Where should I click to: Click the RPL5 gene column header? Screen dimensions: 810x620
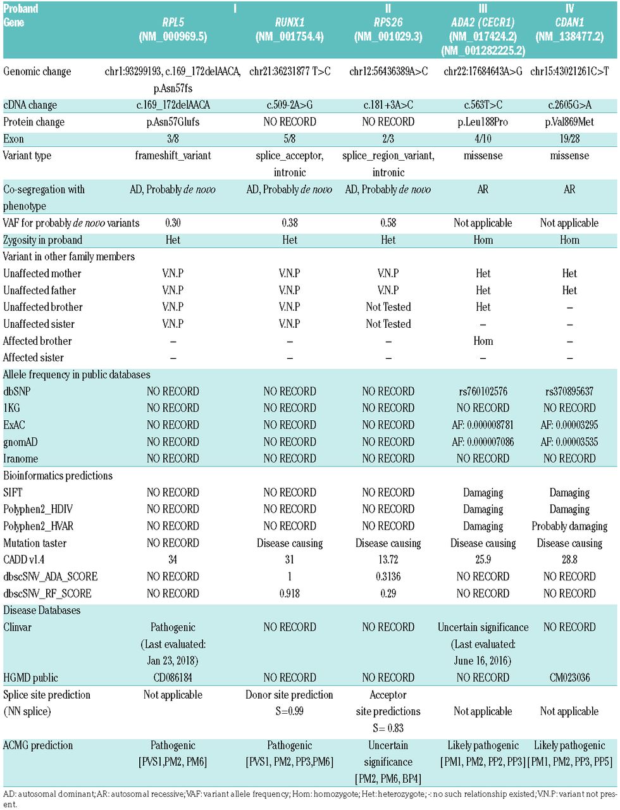[x=173, y=22]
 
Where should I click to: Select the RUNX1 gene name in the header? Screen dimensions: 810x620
[x=290, y=22]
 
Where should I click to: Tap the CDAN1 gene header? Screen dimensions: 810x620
[x=569, y=22]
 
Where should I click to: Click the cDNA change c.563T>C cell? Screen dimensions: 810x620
[x=483, y=105]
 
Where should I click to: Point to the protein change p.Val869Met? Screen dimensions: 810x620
[x=569, y=122]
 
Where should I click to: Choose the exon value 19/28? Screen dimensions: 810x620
[x=569, y=139]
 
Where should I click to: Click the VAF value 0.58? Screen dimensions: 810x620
[x=388, y=223]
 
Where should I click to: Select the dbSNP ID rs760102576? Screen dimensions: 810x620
[x=483, y=392]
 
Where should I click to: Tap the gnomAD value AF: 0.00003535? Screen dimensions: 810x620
[x=569, y=442]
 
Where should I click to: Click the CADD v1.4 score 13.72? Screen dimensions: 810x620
[x=388, y=560]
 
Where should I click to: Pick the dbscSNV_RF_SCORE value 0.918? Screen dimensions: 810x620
[x=290, y=594]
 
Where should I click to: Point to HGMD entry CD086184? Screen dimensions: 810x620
[x=173, y=678]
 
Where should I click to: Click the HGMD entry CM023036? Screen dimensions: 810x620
[x=569, y=678]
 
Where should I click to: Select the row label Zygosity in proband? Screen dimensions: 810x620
[x=43, y=240]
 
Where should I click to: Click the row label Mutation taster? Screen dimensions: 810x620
[x=35, y=543]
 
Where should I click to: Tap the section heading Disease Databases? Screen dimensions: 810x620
[x=42, y=611]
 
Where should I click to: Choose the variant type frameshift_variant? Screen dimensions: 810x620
[x=173, y=156]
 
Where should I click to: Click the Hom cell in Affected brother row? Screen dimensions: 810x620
[x=483, y=341]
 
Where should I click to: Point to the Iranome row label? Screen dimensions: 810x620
[x=21, y=459]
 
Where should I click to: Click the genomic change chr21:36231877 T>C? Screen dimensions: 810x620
[x=290, y=72]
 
